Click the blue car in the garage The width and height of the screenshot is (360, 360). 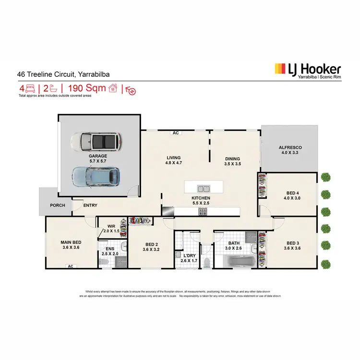[97, 177]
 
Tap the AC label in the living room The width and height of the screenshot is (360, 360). [176, 133]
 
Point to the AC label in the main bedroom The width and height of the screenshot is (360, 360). [71, 266]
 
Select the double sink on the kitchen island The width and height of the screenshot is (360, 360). [204, 188]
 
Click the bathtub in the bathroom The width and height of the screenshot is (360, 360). [235, 262]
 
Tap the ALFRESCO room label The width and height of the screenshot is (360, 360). [290, 148]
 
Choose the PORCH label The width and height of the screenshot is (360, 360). [58, 205]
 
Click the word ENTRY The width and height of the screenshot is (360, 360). [90, 205]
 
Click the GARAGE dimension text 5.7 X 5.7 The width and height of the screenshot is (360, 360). [97, 162]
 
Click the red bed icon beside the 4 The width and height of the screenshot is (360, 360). [31, 88]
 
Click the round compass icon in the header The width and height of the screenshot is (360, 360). [131, 90]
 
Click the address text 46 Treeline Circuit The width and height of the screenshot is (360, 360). [47, 75]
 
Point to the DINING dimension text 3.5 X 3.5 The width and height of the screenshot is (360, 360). [233, 165]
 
